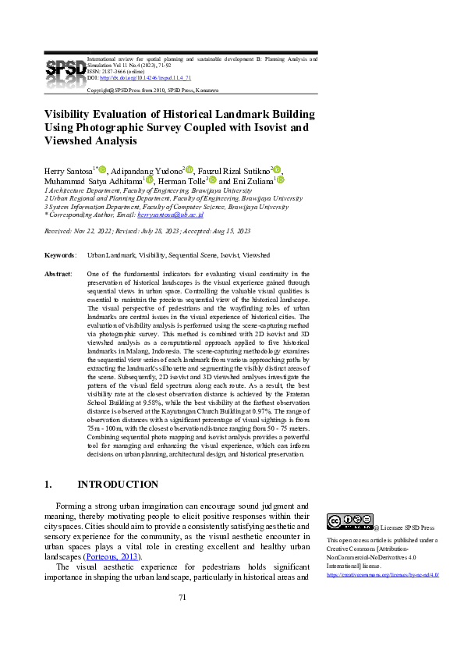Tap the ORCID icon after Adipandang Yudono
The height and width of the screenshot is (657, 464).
tap(189, 169)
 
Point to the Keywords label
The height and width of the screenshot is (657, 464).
tap(60, 255)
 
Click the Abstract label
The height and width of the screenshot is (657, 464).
tap(58, 274)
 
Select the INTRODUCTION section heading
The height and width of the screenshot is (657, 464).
tap(118, 485)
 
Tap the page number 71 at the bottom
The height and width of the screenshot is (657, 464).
tap(182, 619)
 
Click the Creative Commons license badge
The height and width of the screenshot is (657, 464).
tap(349, 522)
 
